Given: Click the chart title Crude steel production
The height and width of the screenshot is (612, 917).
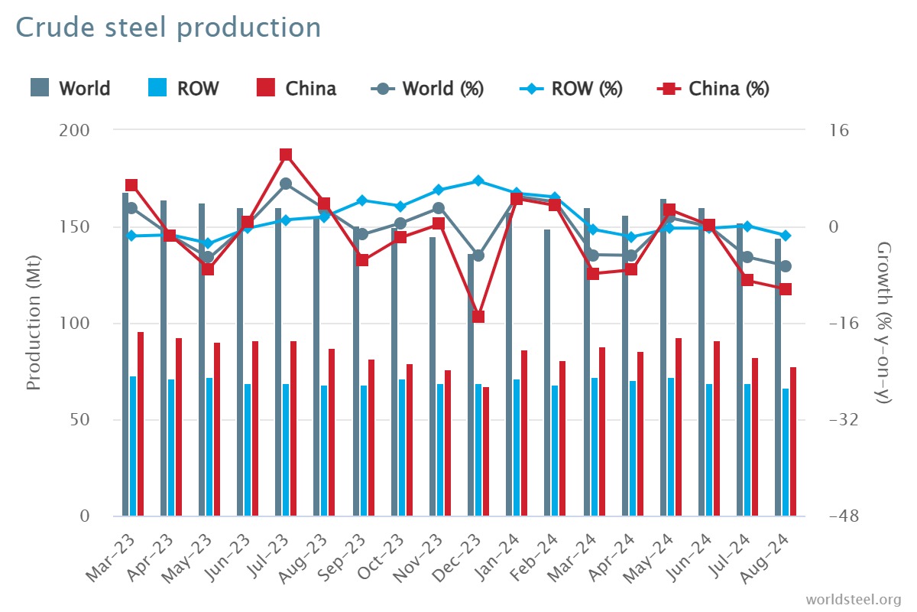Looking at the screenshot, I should pyautogui.click(x=168, y=28).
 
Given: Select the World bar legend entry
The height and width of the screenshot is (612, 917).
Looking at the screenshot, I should pyautogui.click(x=71, y=88).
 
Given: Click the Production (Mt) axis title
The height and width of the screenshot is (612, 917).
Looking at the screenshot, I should pyautogui.click(x=34, y=323).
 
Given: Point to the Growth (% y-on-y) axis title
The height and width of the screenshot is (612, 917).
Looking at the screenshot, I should pyautogui.click(x=884, y=323).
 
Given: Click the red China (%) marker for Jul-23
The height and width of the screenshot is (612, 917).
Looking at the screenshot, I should pyautogui.click(x=286, y=155).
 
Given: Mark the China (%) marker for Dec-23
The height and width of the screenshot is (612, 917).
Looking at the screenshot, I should pyautogui.click(x=478, y=317).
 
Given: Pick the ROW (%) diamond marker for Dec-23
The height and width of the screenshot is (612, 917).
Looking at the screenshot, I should pyautogui.click(x=478, y=181).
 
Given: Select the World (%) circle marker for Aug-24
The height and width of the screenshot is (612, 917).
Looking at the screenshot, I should pyautogui.click(x=786, y=266).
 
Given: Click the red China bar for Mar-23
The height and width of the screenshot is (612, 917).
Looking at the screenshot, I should pyautogui.click(x=141, y=424).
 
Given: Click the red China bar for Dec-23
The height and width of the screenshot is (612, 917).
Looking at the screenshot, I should pyautogui.click(x=486, y=451).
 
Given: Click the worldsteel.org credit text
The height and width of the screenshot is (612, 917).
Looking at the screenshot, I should pyautogui.click(x=853, y=598).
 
